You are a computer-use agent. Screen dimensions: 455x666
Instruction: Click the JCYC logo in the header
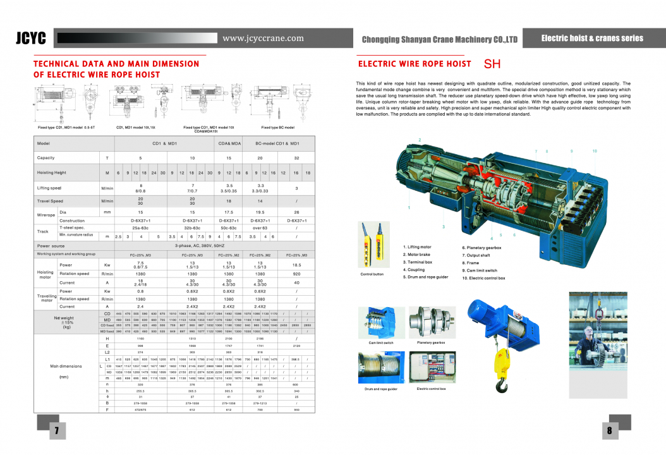click(31, 39)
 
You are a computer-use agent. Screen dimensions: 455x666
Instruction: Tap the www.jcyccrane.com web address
click(263, 39)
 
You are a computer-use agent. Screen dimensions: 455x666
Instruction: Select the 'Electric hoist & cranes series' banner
click(592, 39)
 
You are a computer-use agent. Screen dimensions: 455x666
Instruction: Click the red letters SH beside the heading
click(493, 64)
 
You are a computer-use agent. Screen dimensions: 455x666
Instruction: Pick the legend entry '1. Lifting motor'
click(418, 247)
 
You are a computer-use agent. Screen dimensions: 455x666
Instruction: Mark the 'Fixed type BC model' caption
click(278, 128)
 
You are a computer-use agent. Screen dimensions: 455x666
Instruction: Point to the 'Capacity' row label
click(46, 157)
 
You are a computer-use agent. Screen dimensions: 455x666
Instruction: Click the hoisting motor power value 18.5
click(296, 265)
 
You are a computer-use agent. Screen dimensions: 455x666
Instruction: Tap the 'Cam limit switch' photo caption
click(381, 343)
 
